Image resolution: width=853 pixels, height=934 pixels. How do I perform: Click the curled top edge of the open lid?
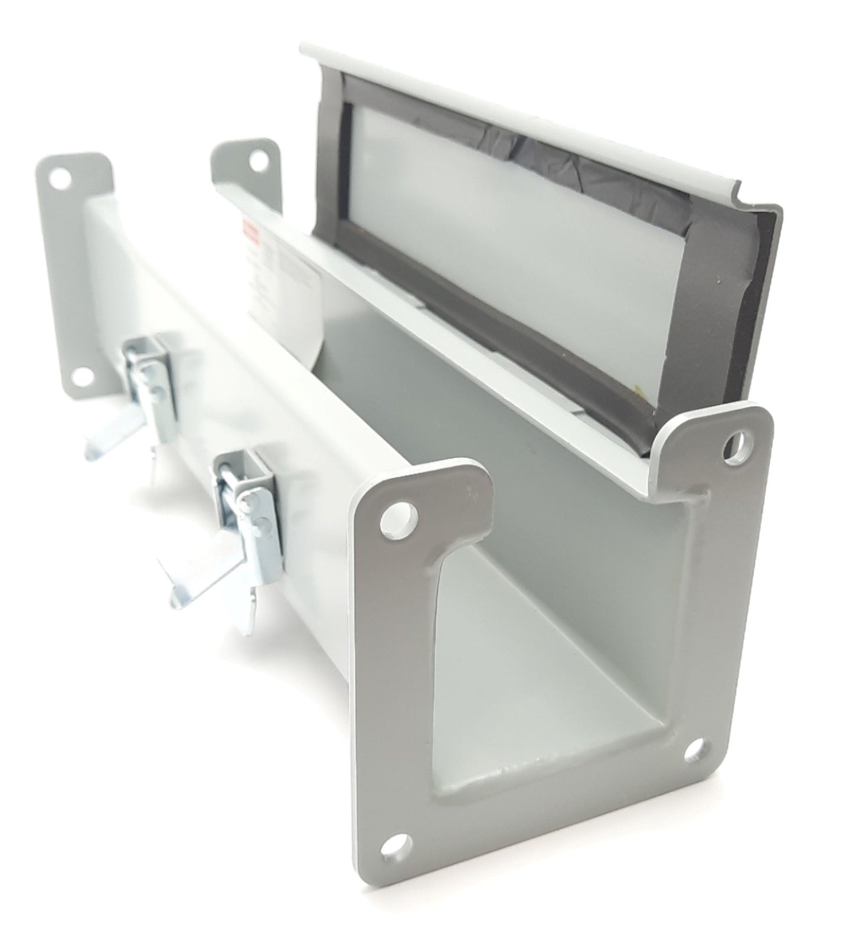(x=519, y=112)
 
